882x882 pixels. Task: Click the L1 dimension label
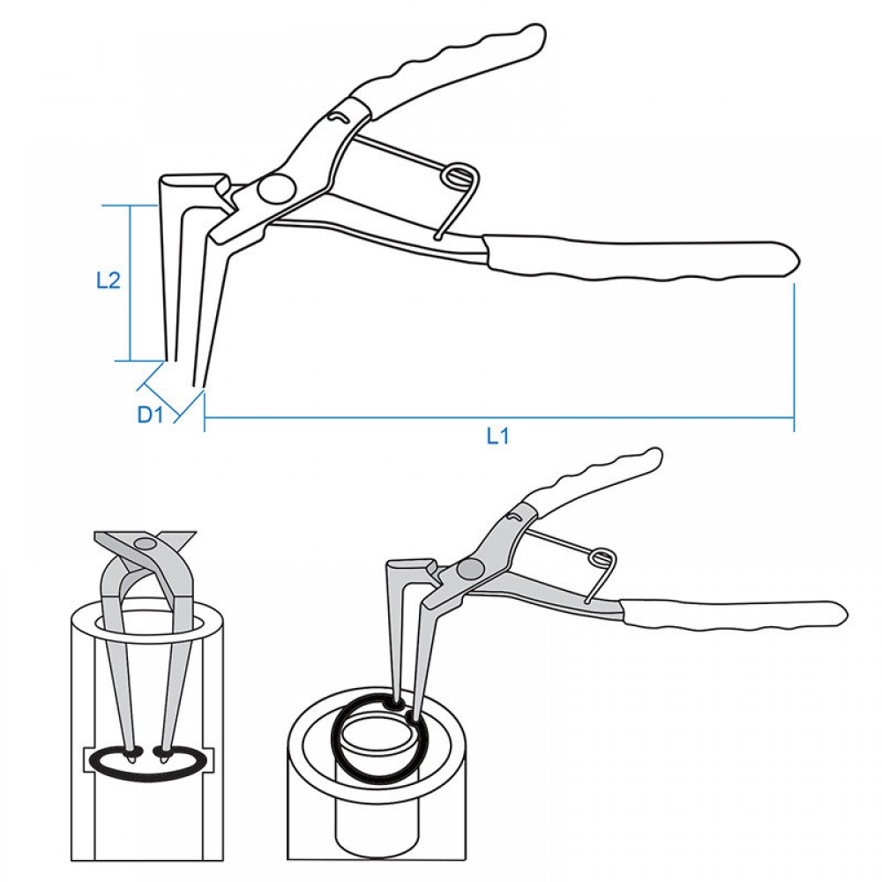point(497,436)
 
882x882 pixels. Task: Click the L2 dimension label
point(108,280)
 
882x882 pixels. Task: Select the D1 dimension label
point(150,415)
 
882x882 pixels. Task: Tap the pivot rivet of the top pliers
point(274,189)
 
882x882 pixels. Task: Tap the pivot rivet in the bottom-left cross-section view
point(146,542)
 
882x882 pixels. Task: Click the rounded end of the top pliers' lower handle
point(793,260)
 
